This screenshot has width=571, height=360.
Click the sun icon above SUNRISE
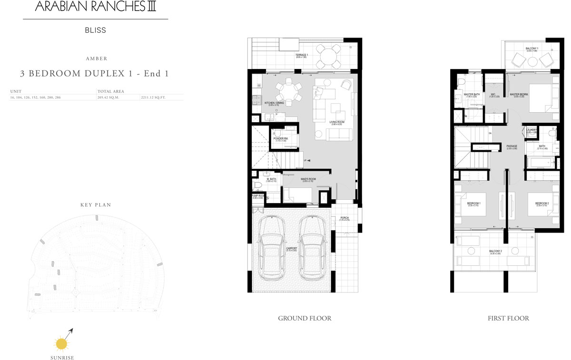click(x=61, y=343)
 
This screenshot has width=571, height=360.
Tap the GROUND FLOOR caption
click(x=305, y=318)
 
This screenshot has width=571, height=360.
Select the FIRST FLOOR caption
click(x=508, y=318)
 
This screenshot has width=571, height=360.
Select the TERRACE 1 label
click(x=302, y=55)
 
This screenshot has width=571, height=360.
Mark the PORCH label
click(x=345, y=218)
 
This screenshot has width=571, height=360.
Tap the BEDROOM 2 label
click(x=542, y=204)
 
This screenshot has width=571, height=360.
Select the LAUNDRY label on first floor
click(x=532, y=129)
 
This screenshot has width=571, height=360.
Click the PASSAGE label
click(x=512, y=146)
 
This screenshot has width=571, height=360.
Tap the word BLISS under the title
click(x=95, y=30)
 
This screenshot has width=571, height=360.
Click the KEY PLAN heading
click(x=95, y=205)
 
